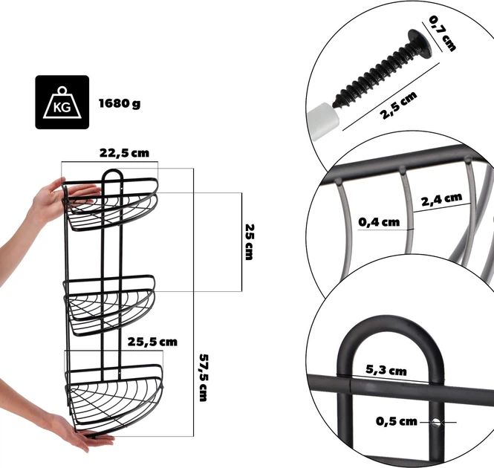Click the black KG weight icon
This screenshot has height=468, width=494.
[62, 102]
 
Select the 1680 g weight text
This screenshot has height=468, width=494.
[120, 103]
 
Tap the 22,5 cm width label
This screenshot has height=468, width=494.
[124, 153]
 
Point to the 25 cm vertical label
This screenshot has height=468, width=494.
[250, 241]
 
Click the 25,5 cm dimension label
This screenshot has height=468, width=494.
[152, 342]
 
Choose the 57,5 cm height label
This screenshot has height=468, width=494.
[204, 377]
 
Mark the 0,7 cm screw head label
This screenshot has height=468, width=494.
[442, 33]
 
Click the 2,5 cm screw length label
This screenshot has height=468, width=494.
[399, 105]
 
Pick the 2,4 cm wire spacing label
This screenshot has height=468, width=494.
[441, 199]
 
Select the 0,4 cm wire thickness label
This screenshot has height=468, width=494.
[379, 222]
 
